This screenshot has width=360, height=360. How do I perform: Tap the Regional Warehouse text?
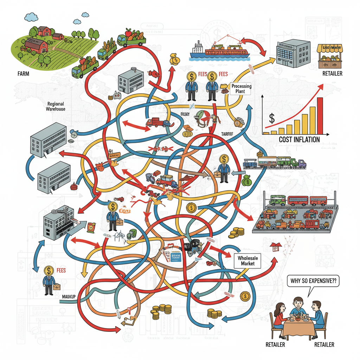click(55, 107)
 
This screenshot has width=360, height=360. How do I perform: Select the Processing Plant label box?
click(241, 89)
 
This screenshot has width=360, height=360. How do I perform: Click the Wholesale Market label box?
click(248, 261)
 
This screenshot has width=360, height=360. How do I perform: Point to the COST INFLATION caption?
click(299, 140)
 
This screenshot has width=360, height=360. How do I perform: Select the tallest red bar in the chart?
click(320, 116)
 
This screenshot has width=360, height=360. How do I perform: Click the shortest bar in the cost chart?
click(266, 133)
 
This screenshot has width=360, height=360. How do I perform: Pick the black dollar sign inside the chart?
click(271, 118)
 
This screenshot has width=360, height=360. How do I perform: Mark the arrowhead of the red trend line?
click(321, 86)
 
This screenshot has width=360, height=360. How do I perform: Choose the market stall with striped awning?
click(329, 57)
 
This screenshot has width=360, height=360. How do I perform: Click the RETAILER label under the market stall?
click(332, 74)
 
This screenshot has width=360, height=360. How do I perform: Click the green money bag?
click(247, 181)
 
